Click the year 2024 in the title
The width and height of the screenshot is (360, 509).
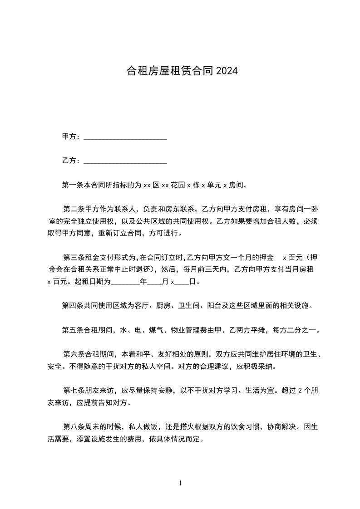[x=227, y=71]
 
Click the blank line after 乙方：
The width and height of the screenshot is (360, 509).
[x=125, y=162]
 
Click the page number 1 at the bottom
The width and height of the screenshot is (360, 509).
[x=180, y=484]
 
